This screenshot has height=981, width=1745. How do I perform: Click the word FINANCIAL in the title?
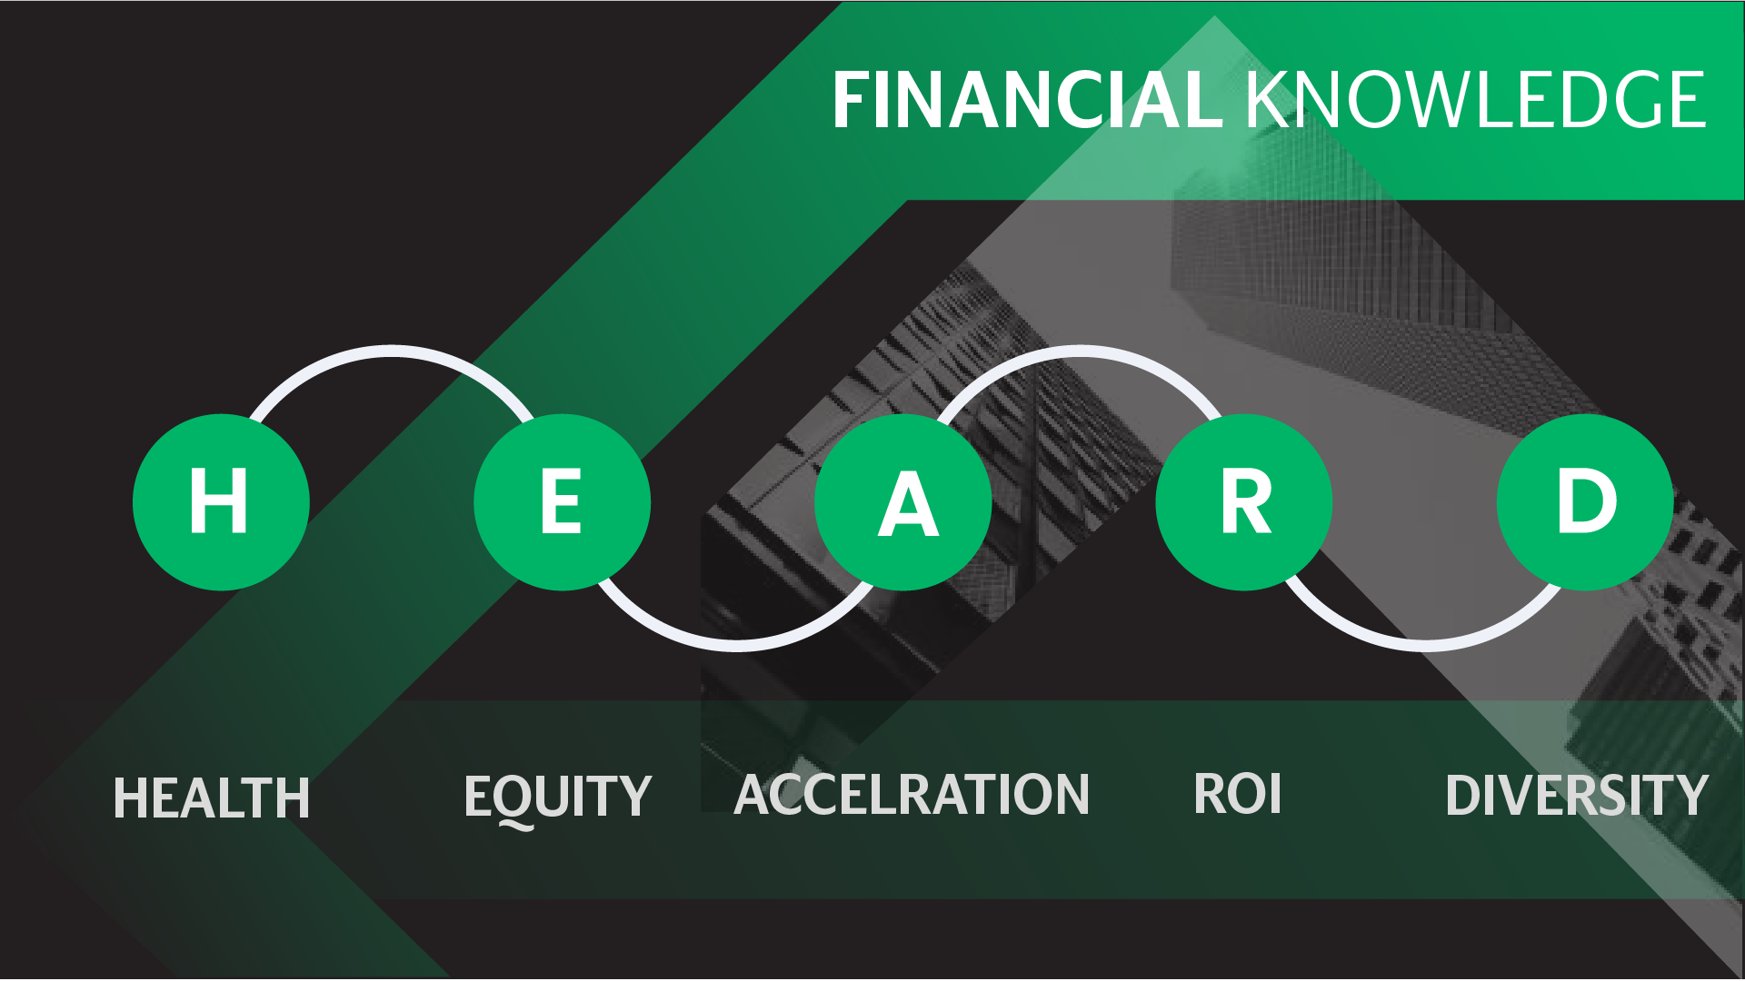pyautogui.click(x=1027, y=100)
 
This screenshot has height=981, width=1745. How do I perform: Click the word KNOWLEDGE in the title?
pyautogui.click(x=1475, y=100)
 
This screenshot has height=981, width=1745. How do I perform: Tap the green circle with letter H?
pyautogui.click(x=221, y=502)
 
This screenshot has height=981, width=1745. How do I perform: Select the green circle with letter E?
pyautogui.click(x=562, y=502)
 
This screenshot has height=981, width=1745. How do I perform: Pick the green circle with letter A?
pyautogui.click(x=902, y=502)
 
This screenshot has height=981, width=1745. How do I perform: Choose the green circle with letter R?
pyautogui.click(x=1243, y=502)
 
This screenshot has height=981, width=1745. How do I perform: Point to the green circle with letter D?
pyautogui.click(x=1585, y=502)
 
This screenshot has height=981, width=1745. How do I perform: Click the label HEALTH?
pyautogui.click(x=211, y=798)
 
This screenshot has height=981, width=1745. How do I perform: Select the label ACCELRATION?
pyautogui.click(x=912, y=795)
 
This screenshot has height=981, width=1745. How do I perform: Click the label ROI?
pyautogui.click(x=1237, y=794)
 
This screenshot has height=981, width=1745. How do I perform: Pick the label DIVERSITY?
pyautogui.click(x=1577, y=796)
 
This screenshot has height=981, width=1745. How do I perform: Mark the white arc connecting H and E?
pyautogui.click(x=392, y=352)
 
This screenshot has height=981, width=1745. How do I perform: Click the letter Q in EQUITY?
pyautogui.click(x=516, y=800)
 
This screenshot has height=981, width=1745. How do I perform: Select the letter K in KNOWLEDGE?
pyautogui.click(x=1269, y=100)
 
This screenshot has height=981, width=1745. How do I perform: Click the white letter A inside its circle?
pyautogui.click(x=908, y=504)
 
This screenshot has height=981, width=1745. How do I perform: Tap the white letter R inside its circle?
pyautogui.click(x=1246, y=501)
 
